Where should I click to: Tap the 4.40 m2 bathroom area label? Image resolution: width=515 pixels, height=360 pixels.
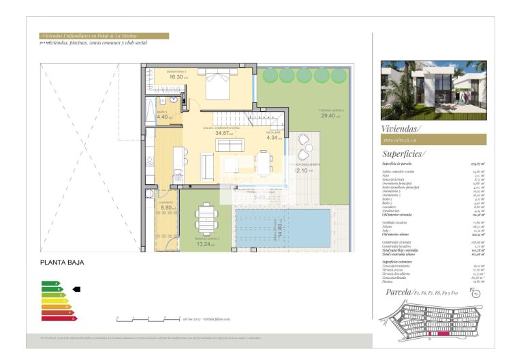click(x=163, y=117)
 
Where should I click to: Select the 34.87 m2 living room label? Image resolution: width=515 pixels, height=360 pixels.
click(x=224, y=133)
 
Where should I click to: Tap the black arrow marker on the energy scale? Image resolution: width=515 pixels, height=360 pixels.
click(x=76, y=289)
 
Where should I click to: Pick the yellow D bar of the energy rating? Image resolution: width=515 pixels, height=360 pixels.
click(x=54, y=301)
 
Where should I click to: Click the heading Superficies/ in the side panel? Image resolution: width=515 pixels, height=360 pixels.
click(x=403, y=154)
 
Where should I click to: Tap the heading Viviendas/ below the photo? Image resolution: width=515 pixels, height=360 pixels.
click(x=401, y=127)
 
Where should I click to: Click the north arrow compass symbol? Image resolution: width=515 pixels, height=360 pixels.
click(x=475, y=294)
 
